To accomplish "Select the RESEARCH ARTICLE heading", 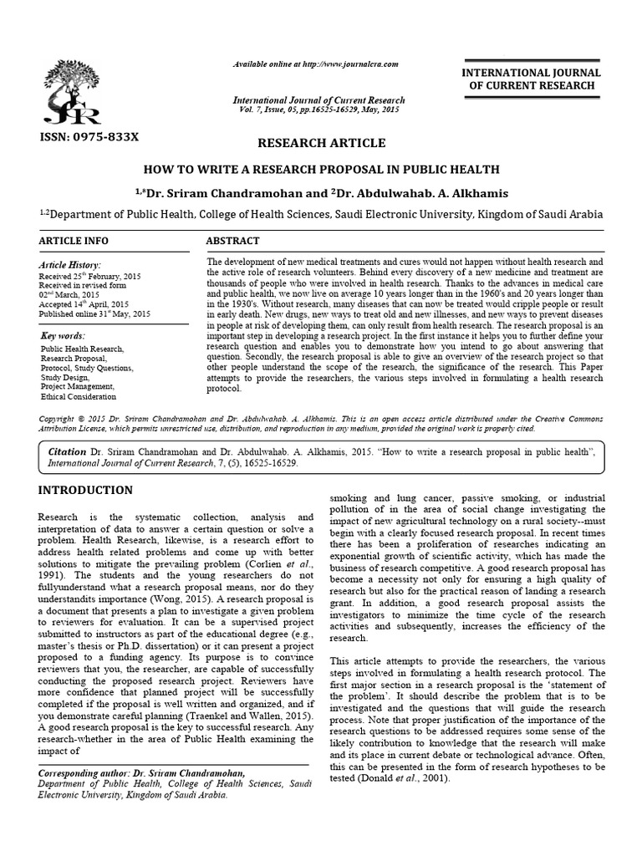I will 321,143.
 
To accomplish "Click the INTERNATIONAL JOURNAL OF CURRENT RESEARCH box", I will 533,80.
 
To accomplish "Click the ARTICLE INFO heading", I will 73,241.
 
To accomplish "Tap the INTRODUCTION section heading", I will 85,490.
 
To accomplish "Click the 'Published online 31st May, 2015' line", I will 94,313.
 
